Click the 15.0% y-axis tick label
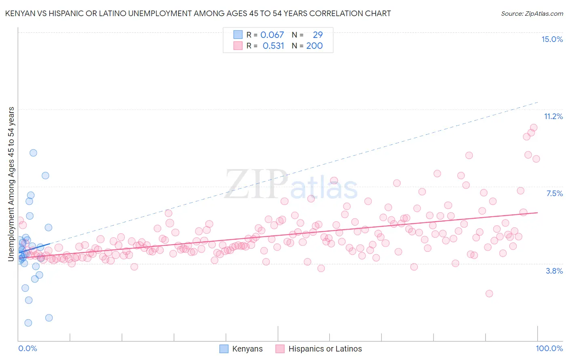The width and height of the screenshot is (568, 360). tap(552, 39)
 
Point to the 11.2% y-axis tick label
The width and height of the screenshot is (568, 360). tap(553, 116)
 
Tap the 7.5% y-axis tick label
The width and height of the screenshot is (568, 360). tap(554, 193)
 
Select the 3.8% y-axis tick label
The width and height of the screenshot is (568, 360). tap(554, 271)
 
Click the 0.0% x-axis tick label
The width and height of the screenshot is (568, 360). tap(27, 348)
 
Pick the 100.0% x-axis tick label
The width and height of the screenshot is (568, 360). tap(549, 348)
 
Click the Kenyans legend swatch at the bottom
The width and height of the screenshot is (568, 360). tap(224, 349)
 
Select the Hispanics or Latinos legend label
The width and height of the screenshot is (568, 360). tap(325, 349)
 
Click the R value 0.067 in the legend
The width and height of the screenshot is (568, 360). tap(272, 35)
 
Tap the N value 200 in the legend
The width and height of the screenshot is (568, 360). tap(314, 46)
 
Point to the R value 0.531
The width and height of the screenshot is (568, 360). tap(273, 46)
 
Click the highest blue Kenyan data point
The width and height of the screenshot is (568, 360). tap(33, 153)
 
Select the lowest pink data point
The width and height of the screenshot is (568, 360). tap(489, 293)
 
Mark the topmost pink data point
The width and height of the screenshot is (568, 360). tap(534, 128)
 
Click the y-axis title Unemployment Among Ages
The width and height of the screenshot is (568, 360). tap(11, 184)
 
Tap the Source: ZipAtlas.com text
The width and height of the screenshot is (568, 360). tap(532, 14)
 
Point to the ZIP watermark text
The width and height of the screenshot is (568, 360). tap(256, 184)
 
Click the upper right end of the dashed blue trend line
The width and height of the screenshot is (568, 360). tap(538, 102)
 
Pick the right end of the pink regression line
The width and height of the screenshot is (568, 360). tap(538, 212)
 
